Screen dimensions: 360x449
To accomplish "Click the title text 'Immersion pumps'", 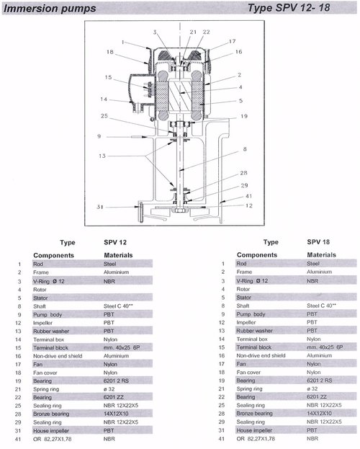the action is (x=50, y=9).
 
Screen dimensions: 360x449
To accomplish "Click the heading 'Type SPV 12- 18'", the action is (x=289, y=8).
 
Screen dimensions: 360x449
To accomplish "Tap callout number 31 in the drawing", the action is (x=100, y=207).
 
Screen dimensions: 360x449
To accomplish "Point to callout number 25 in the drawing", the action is (x=104, y=116).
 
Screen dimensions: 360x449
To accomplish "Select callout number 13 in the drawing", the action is (x=102, y=156).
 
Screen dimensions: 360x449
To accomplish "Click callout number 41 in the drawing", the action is (x=248, y=196).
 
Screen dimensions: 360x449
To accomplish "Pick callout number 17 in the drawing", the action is (x=232, y=41).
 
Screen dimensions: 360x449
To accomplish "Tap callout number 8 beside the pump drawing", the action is (x=245, y=149).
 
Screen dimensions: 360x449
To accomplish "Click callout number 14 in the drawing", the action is (x=104, y=99).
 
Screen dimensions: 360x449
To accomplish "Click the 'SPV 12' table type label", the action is (x=115, y=242).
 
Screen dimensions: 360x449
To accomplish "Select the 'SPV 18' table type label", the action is (x=318, y=242).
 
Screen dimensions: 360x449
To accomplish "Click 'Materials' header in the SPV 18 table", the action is (x=321, y=255).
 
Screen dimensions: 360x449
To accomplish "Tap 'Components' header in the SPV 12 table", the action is (x=53, y=255).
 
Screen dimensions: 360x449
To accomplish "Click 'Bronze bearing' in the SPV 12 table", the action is (x=51, y=414).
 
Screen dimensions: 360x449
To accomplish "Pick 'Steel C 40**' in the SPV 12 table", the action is (x=118, y=306).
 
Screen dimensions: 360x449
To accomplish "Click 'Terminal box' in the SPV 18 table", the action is (x=252, y=339).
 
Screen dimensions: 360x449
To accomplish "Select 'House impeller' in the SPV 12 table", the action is (x=51, y=431).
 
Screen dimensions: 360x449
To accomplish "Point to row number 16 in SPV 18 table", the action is (x=221, y=355).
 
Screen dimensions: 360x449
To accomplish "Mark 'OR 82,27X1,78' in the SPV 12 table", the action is (x=53, y=439).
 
